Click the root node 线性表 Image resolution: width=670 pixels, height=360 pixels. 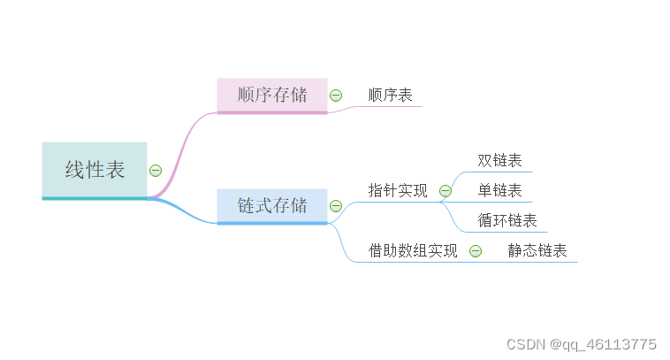[95, 170]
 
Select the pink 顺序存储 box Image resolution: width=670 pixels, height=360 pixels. [272, 95]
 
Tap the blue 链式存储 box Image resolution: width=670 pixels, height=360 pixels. [272, 205]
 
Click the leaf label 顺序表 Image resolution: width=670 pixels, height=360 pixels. [390, 95]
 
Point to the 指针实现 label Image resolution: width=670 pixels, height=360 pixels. [398, 190]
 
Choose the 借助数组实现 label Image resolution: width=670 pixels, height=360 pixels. [413, 250]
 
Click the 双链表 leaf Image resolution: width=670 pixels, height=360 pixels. [499, 160]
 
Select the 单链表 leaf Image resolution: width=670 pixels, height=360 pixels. [499, 190]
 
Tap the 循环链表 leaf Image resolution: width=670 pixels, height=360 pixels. [507, 220]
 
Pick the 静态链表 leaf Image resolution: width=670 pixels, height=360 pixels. [537, 250]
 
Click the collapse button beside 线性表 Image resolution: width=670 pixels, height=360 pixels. [156, 170]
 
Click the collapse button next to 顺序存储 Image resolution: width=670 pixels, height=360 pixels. [336, 95]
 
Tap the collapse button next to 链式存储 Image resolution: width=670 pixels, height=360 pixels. [336, 206]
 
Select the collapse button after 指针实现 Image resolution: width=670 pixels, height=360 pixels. [445, 190]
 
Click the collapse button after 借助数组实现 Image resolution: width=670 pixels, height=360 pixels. [476, 251]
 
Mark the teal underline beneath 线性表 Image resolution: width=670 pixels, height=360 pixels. [95, 198]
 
